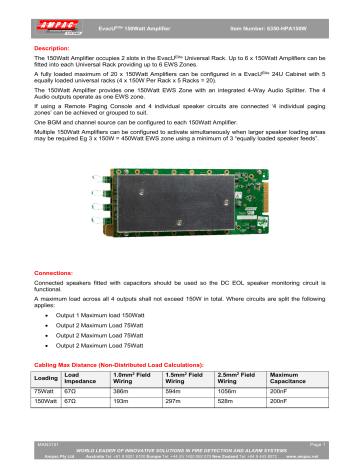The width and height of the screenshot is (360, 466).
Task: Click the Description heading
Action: pos(49,47)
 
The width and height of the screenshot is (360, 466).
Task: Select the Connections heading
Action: pos(51,272)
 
